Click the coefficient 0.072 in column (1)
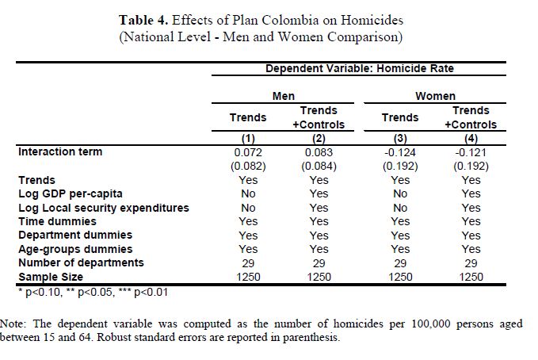point(248,152)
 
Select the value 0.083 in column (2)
point(319,152)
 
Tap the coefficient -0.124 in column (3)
point(400,152)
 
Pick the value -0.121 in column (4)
point(471,152)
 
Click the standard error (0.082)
point(248,167)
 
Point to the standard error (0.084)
point(319,167)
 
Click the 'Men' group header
point(284,96)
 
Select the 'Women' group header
point(435,96)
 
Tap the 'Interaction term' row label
point(60,151)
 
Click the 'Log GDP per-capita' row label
point(71,193)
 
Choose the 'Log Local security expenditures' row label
point(104,208)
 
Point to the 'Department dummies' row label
point(75,236)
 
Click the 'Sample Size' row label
point(50,277)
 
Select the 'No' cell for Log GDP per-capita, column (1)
point(248,193)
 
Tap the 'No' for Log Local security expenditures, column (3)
point(400,208)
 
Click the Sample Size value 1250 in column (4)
point(471,277)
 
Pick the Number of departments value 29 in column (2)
point(319,262)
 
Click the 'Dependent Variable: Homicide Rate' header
point(360,69)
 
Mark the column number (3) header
point(400,138)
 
